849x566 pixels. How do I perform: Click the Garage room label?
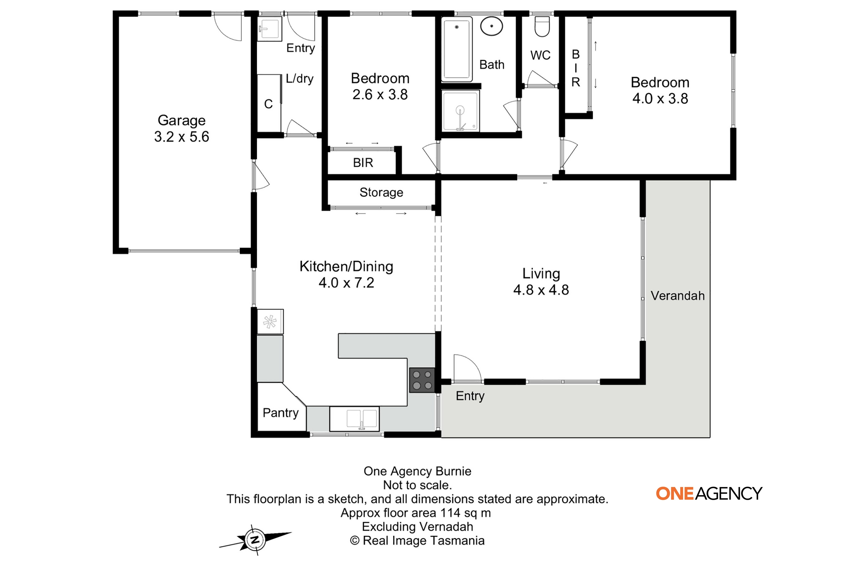182,120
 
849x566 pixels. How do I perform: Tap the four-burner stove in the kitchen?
422,380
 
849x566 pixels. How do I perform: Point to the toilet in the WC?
542,26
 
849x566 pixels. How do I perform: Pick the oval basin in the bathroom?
492,26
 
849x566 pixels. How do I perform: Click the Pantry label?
280,413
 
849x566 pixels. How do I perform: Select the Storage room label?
381,192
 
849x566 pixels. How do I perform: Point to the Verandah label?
678,296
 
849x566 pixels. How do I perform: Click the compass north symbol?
255,540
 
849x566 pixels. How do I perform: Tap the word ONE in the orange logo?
675,494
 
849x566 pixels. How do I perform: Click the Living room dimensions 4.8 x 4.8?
541,290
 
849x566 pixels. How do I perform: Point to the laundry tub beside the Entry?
269,29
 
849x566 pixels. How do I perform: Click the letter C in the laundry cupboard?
268,104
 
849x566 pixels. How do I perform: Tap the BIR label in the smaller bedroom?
363,163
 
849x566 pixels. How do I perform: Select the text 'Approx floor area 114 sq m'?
415,513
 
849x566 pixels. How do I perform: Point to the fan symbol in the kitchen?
270,321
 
